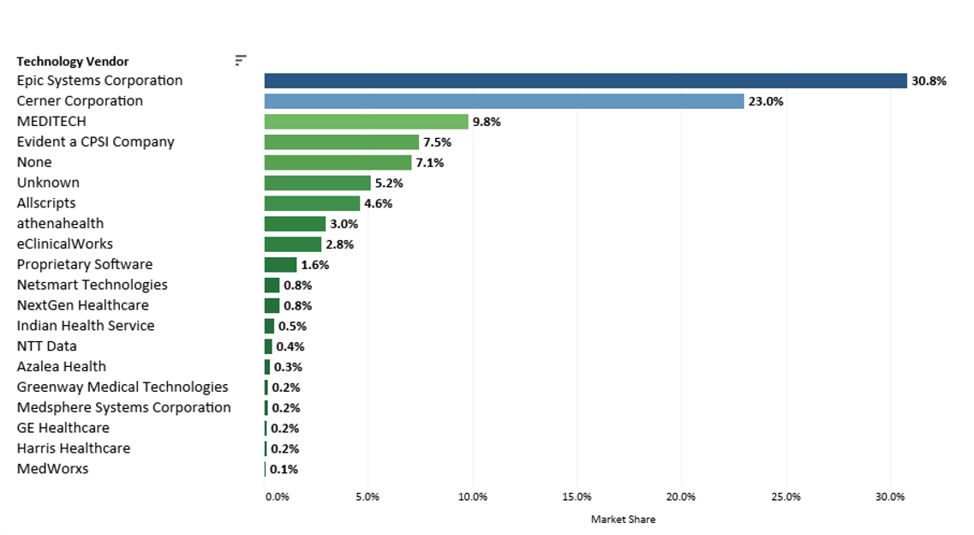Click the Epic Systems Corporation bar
point(585,81)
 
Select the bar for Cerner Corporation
point(504,101)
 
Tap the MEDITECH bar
point(366,122)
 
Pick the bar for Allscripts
point(312,203)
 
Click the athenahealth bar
point(295,224)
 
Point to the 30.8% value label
point(929,81)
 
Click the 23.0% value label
point(766,102)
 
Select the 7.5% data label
point(437,142)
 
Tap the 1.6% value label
point(314,265)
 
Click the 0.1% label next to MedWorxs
point(284,470)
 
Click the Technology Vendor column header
point(73,62)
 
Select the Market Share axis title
point(623,520)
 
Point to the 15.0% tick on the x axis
point(577,496)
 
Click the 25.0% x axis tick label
point(786,496)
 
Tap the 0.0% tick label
point(277,496)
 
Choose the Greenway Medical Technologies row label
point(122,388)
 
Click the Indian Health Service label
point(86,326)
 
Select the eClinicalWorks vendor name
point(65,244)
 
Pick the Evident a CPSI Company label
point(95,142)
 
